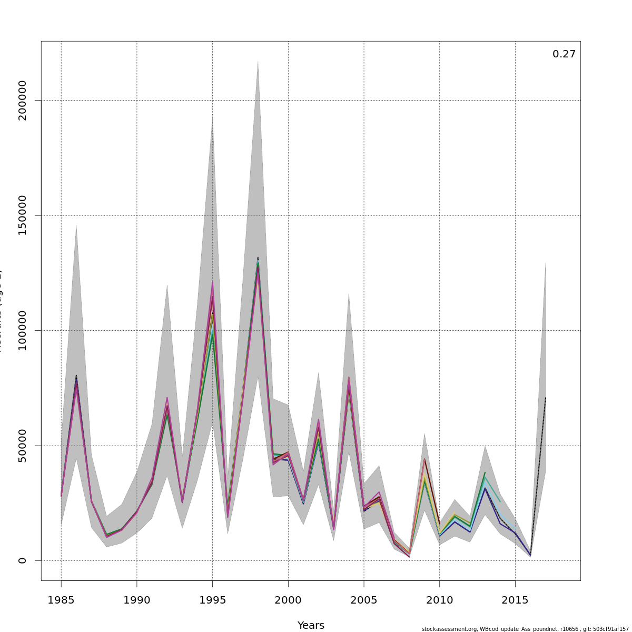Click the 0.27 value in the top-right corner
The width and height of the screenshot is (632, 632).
tap(564, 54)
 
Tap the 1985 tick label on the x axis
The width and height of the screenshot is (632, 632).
tap(61, 600)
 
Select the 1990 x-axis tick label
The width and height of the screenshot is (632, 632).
tap(137, 600)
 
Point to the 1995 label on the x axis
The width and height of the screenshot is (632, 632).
tap(212, 600)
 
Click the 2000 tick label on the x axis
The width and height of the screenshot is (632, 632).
tap(288, 600)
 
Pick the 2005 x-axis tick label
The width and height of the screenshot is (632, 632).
tap(364, 600)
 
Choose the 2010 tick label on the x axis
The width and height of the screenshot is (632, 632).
tap(440, 600)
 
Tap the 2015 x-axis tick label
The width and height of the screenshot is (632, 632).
tap(515, 600)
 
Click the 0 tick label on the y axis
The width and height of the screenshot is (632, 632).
tap(22, 560)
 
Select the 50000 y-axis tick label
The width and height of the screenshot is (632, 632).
tap(22, 446)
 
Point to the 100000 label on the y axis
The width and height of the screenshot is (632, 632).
tap(22, 330)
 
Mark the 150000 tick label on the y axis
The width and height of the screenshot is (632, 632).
tap(22, 215)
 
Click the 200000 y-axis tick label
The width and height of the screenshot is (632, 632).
tap(22, 100)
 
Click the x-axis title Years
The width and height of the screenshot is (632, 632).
tap(311, 625)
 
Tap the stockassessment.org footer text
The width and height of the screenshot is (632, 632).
tap(525, 629)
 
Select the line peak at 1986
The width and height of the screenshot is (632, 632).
tap(76, 377)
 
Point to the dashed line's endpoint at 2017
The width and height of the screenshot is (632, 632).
tap(546, 398)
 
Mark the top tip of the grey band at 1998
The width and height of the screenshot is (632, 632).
tap(258, 61)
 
